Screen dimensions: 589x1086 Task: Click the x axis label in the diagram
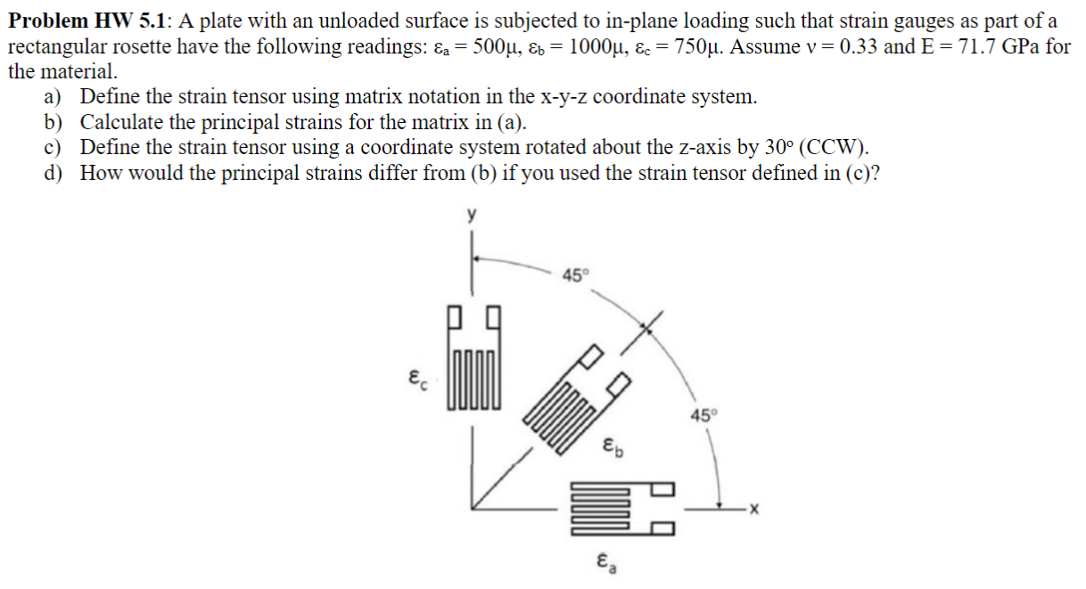pyautogui.click(x=753, y=510)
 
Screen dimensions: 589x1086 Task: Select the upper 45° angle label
pyautogui.click(x=575, y=274)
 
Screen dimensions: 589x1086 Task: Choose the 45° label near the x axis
pyautogui.click(x=703, y=416)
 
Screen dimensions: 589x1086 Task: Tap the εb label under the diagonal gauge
pyautogui.click(x=613, y=445)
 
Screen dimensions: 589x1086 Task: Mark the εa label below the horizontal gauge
pyautogui.click(x=605, y=562)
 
